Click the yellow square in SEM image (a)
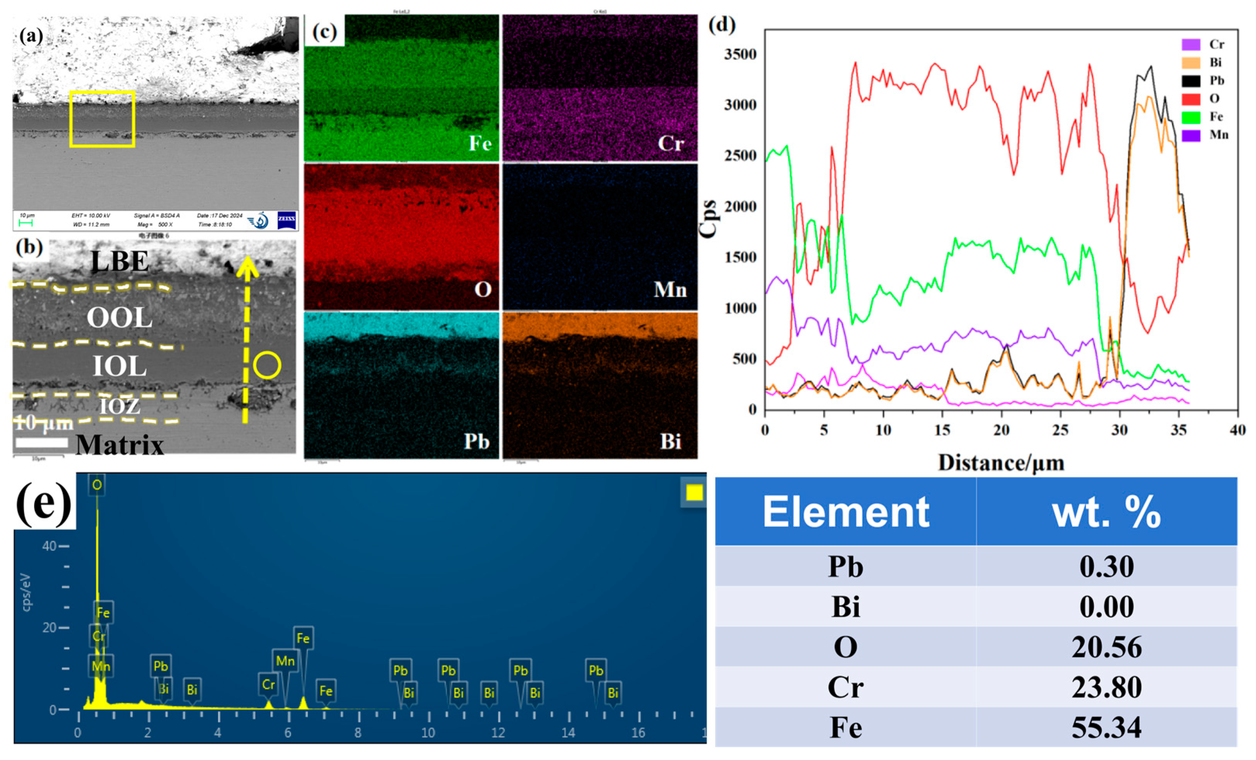(102, 119)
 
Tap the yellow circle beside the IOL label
(266, 366)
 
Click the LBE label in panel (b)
(120, 262)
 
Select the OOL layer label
(119, 318)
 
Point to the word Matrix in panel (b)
(120, 445)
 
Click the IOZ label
(119, 406)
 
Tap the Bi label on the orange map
(670, 441)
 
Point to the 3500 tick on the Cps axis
(740, 54)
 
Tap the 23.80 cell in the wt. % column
(1106, 687)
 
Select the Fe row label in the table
(846, 727)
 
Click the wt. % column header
(1106, 513)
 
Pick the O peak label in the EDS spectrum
(97, 484)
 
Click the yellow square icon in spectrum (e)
(694, 492)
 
